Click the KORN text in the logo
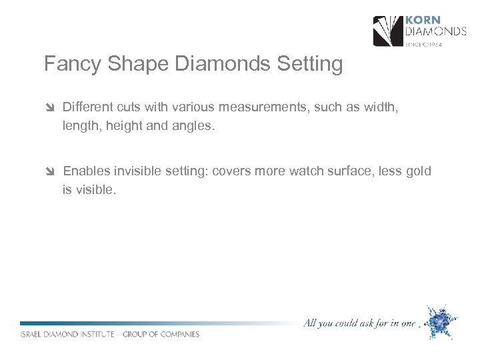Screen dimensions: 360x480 (424, 21)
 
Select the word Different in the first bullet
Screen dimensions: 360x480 (89, 107)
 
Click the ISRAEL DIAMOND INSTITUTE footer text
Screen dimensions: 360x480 (110, 334)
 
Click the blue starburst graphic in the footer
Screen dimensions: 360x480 (439, 322)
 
